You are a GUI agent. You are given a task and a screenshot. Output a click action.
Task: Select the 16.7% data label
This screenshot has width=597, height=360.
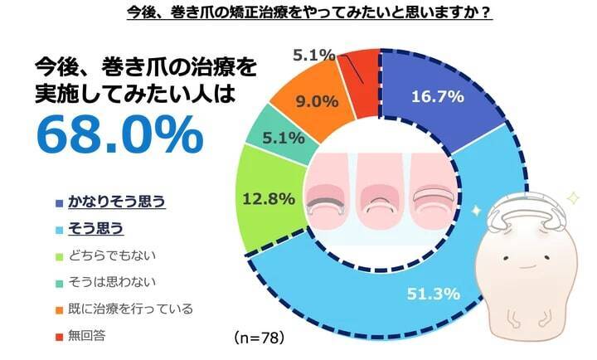pos(436,97)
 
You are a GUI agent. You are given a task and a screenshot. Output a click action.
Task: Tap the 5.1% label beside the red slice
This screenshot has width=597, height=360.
pos(314,56)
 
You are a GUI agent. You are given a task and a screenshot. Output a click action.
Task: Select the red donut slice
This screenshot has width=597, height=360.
pos(362,67)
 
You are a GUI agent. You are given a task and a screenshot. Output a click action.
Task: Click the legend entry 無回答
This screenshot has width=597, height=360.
pos(88,335)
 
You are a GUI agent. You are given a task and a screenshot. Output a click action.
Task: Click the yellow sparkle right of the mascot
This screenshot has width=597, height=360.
pos(571,197)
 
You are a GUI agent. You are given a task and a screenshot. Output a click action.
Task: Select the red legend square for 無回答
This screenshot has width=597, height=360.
pos(59,335)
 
